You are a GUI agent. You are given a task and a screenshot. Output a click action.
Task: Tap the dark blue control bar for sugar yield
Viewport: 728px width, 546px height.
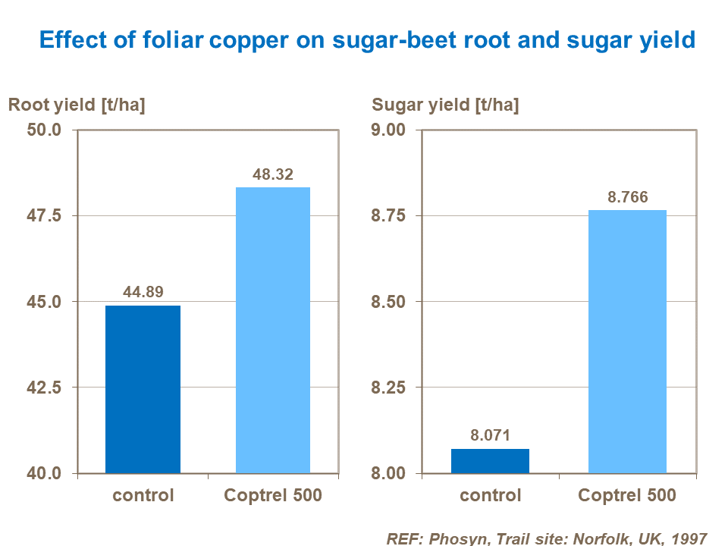490,461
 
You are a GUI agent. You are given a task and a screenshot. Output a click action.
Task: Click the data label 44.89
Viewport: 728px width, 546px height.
143,292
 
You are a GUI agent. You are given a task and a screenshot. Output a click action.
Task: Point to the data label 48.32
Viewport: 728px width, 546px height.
273,174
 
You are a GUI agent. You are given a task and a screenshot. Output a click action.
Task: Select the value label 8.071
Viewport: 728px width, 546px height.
490,435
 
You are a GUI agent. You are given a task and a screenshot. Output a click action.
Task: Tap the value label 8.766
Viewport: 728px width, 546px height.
627,196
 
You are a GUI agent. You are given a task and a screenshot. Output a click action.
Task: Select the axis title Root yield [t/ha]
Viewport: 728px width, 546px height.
77,105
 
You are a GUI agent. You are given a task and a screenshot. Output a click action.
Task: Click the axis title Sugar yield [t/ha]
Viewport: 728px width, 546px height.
445,105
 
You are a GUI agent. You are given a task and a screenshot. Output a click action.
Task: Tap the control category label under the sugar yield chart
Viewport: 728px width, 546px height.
490,496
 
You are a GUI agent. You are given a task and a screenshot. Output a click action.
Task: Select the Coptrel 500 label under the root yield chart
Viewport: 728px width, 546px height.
273,496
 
